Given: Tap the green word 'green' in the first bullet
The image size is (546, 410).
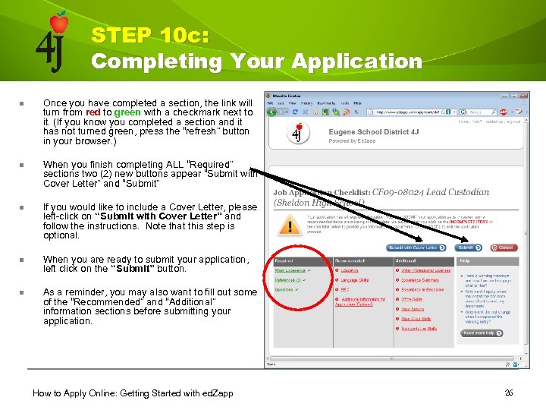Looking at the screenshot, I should click(127, 112).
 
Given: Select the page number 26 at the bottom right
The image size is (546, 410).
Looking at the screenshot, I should click(508, 392).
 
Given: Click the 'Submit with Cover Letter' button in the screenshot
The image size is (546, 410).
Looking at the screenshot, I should click(413, 248).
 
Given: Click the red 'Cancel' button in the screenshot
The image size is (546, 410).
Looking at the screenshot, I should click(504, 248).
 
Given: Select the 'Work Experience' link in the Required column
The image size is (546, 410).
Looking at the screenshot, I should click(290, 270).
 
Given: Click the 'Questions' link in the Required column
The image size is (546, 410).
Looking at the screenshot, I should click(285, 289).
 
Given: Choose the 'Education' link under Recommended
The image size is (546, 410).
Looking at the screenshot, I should click(350, 270).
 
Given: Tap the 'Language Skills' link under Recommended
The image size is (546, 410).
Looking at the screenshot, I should click(354, 280).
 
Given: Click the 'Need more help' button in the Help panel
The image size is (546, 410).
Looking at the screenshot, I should click(479, 333).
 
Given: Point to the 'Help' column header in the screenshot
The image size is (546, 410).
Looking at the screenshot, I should click(465, 260).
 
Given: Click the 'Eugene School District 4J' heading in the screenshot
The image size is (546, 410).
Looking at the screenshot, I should click(373, 132).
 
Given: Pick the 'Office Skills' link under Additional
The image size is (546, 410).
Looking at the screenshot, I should click(413, 299).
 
